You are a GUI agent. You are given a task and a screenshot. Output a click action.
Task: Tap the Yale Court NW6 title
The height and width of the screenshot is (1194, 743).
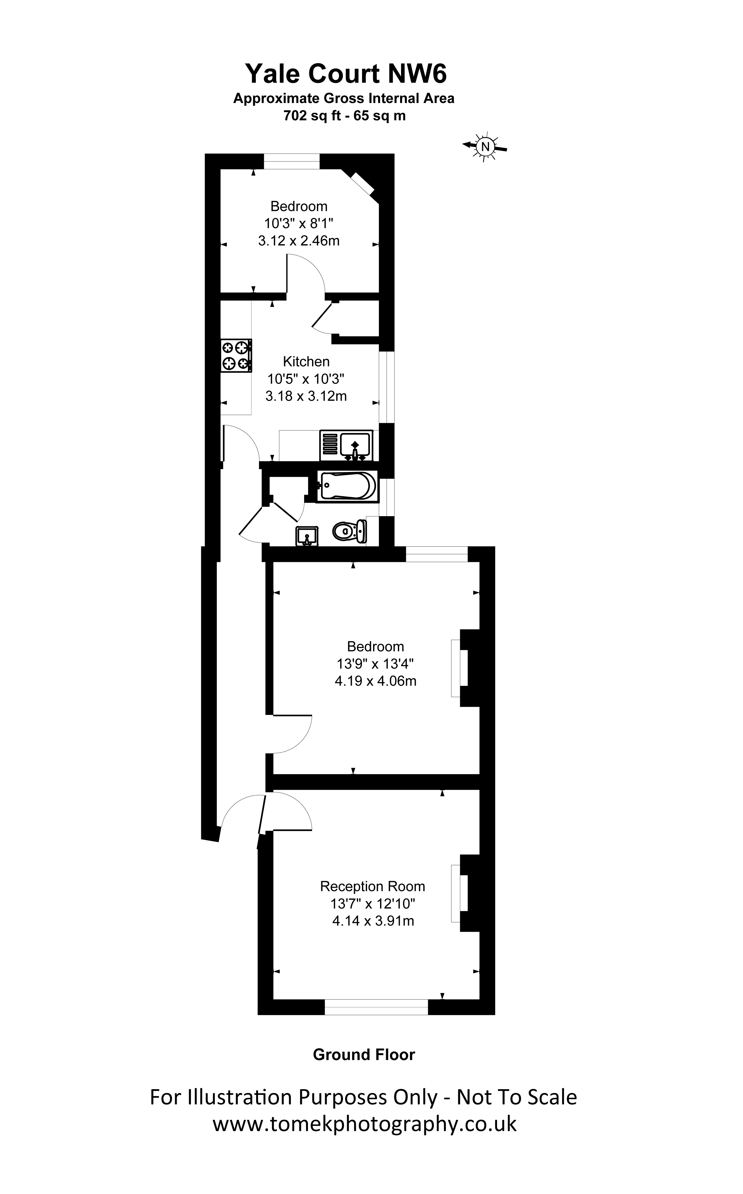(x=346, y=74)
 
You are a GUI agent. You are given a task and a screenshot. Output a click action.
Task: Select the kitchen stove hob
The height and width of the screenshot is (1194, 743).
(x=236, y=356)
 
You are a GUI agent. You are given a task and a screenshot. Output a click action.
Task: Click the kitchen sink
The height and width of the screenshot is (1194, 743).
(x=346, y=445)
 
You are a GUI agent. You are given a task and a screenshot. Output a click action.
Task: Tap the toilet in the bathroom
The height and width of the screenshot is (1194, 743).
(x=350, y=531)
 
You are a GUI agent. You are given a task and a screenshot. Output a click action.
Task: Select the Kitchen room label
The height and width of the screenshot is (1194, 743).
(x=306, y=361)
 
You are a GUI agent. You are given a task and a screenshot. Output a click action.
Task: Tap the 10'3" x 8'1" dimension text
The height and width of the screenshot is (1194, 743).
(x=299, y=224)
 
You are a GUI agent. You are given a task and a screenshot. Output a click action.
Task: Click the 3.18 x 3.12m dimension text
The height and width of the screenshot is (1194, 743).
(x=306, y=396)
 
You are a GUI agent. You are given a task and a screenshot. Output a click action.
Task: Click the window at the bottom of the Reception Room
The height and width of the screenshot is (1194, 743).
(x=376, y=1007)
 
